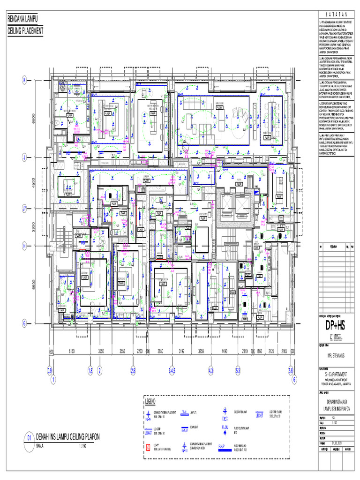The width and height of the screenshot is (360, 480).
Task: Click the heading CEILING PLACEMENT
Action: coord(25,31)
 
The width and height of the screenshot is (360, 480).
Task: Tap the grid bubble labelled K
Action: coord(23,80)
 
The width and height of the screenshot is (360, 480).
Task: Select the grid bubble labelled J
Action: coord(23,157)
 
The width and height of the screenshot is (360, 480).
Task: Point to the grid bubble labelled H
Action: coord(23,245)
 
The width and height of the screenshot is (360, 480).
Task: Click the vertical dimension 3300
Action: coord(33,226)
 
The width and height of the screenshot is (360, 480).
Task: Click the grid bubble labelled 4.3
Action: coord(210,370)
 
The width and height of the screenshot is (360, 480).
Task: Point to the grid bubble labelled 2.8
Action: coord(133,370)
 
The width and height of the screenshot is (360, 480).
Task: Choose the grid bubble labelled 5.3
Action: coord(238,370)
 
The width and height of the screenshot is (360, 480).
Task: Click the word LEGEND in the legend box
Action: coord(153,402)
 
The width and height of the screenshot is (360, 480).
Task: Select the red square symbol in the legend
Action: coord(149,448)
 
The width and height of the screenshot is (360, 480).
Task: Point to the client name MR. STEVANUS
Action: coord(334,355)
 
